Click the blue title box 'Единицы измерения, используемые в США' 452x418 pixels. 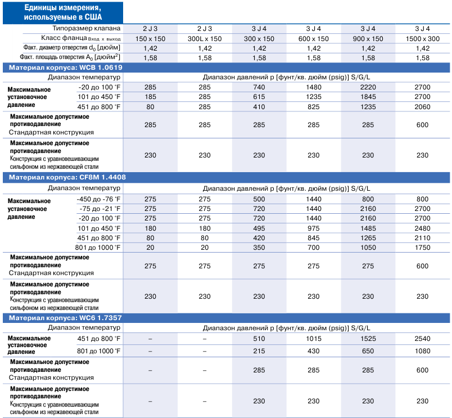click(x=63, y=13)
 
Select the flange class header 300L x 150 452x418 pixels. click(x=205, y=39)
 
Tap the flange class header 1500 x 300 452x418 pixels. click(x=423, y=39)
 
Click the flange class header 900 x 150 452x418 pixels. click(x=368, y=39)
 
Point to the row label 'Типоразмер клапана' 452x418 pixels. click(x=87, y=28)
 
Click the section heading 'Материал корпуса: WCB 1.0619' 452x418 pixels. click(x=66, y=68)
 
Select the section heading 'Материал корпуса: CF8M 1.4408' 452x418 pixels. click(x=67, y=177)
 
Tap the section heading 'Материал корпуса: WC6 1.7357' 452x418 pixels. click(x=65, y=318)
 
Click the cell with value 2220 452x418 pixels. click(x=368, y=87)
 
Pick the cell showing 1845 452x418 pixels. click(x=368, y=97)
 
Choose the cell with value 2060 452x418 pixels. click(x=423, y=107)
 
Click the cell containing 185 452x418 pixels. click(x=150, y=97)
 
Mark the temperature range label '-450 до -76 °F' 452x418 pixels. click(x=98, y=199)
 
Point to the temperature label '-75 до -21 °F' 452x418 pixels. click(x=100, y=209)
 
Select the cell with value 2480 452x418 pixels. click(x=423, y=228)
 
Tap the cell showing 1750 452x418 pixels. click(x=423, y=248)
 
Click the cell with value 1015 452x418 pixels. click(x=314, y=339)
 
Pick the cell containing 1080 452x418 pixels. click(x=423, y=351)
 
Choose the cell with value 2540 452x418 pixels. click(x=423, y=339)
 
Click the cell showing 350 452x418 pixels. click(x=259, y=248)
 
